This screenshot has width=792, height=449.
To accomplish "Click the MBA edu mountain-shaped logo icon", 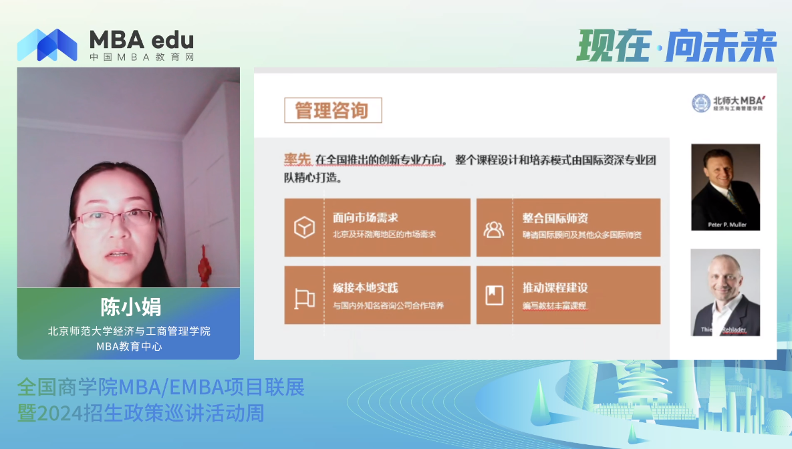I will [47, 45].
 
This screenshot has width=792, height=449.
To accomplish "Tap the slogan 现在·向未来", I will [676, 45].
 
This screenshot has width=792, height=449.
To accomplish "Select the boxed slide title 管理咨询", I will [333, 110].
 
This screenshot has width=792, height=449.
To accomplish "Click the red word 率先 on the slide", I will [297, 160].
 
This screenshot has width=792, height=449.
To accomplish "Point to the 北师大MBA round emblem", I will [701, 103].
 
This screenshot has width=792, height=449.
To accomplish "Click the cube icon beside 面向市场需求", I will [304, 228].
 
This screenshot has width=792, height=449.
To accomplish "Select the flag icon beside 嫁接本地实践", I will [304, 297].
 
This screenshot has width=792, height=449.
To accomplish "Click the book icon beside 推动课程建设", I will [494, 295].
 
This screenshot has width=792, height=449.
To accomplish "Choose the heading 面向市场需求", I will [366, 218].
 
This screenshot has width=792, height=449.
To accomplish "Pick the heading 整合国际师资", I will [555, 218].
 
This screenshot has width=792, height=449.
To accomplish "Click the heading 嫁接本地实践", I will [365, 288].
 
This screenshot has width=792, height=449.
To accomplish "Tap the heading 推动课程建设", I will [555, 288].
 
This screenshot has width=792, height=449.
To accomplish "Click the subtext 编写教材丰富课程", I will [554, 306].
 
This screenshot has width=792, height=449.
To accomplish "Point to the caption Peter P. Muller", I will [725, 224].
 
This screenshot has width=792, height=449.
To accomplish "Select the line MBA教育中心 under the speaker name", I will [129, 346].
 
